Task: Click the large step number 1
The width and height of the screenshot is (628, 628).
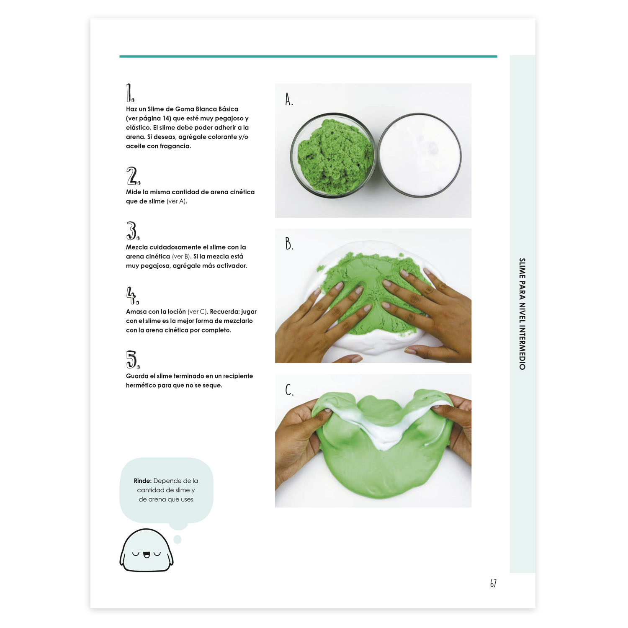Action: [x=130, y=93]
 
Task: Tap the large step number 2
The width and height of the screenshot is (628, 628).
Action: [x=134, y=176]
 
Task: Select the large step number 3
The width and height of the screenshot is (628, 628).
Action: [x=133, y=231]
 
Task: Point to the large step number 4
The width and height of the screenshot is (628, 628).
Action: [x=133, y=295]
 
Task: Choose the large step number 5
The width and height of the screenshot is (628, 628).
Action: [x=133, y=360]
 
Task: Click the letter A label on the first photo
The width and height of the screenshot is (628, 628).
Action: [x=289, y=99]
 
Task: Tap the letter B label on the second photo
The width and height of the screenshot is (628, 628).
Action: [x=289, y=243]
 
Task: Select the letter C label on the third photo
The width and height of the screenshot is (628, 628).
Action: [x=289, y=389]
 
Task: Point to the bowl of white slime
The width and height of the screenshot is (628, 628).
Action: [x=420, y=155]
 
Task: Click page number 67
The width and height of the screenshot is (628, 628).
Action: [x=493, y=583]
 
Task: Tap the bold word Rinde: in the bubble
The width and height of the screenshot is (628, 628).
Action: [x=143, y=481]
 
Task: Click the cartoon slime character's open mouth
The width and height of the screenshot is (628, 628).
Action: [x=147, y=555]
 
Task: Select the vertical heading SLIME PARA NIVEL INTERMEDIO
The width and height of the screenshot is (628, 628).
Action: [x=522, y=314]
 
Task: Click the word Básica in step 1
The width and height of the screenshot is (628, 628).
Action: [x=228, y=109]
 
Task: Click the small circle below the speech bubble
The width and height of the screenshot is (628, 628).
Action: [x=178, y=539]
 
